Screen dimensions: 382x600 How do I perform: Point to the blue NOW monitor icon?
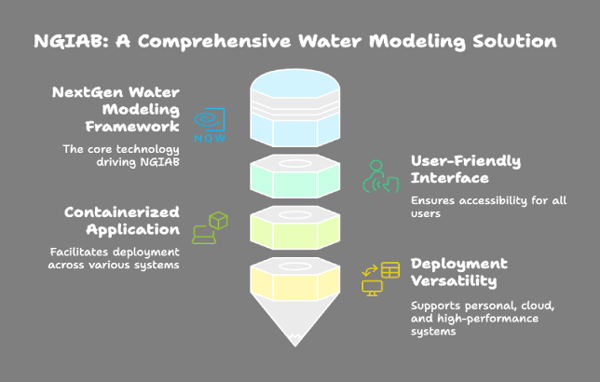click(x=210, y=125)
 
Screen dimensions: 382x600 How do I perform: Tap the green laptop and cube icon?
click(x=211, y=228)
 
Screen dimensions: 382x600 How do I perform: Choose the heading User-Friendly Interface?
click(x=466, y=170)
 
